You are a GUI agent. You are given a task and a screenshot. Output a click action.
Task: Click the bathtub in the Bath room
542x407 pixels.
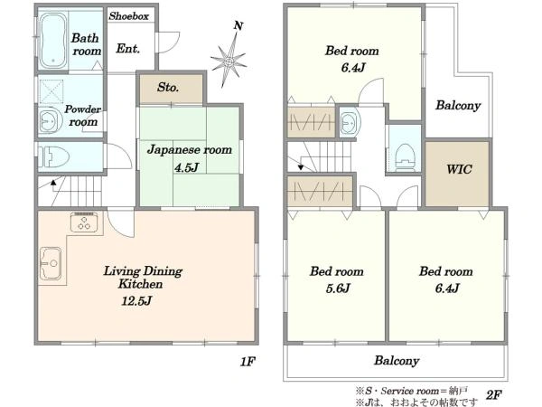point(53,41)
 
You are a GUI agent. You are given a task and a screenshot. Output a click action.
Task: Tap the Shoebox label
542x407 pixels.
point(129,16)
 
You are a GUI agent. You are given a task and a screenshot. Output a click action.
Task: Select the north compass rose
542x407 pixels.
point(229,61)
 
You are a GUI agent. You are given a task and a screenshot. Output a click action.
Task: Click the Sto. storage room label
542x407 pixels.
point(168,87)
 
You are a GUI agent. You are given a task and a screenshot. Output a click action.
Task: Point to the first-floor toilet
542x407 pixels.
point(53,156)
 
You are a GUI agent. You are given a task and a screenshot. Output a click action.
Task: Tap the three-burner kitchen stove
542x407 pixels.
point(85,222)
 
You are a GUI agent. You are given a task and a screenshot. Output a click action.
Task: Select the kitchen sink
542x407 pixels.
point(51,263)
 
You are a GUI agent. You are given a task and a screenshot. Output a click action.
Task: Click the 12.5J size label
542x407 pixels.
point(136,300)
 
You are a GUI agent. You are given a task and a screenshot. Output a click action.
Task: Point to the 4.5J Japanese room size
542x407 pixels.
point(186,168)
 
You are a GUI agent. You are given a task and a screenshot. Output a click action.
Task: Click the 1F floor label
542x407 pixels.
point(248,362)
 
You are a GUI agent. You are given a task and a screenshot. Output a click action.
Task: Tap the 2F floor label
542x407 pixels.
point(493,395)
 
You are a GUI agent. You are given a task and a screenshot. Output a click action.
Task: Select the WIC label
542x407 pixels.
point(459,169)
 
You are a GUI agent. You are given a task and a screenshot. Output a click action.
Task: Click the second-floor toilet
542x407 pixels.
point(405,156)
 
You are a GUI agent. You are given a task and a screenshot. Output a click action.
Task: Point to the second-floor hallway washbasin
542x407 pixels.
point(350,122)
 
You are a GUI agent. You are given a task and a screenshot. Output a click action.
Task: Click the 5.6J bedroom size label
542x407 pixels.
point(338,288)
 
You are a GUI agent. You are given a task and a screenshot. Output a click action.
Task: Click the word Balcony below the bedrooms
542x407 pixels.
point(397,361)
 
